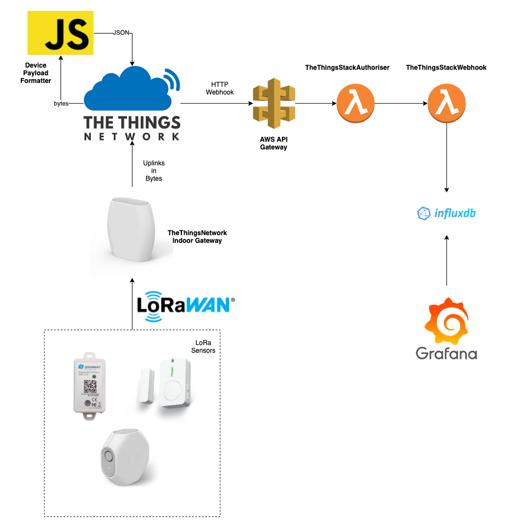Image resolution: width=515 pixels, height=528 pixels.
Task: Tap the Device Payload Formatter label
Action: coord(36,73)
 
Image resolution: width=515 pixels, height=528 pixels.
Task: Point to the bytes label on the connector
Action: coord(61,103)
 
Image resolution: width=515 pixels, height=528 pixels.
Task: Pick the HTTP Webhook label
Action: coord(220,88)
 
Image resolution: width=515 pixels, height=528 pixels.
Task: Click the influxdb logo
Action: coord(446,213)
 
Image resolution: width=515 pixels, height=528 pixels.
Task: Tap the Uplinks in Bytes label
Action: coord(154,171)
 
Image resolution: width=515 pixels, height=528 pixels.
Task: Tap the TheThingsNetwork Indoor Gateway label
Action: coord(197,237)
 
